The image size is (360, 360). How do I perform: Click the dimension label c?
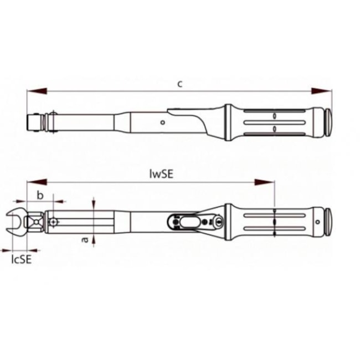[x=180, y=84]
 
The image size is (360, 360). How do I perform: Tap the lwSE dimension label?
[x=161, y=174]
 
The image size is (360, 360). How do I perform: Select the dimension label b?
[x=40, y=196]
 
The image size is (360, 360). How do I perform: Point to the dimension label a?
[x=85, y=240]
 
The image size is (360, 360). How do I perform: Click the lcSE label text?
[x=22, y=259]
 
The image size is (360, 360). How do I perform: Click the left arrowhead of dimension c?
[x=37, y=91]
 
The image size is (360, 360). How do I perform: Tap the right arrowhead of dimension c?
[x=321, y=91]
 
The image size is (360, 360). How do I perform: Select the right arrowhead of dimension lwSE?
[x=264, y=183]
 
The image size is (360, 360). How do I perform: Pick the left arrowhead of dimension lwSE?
[x=37, y=183]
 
